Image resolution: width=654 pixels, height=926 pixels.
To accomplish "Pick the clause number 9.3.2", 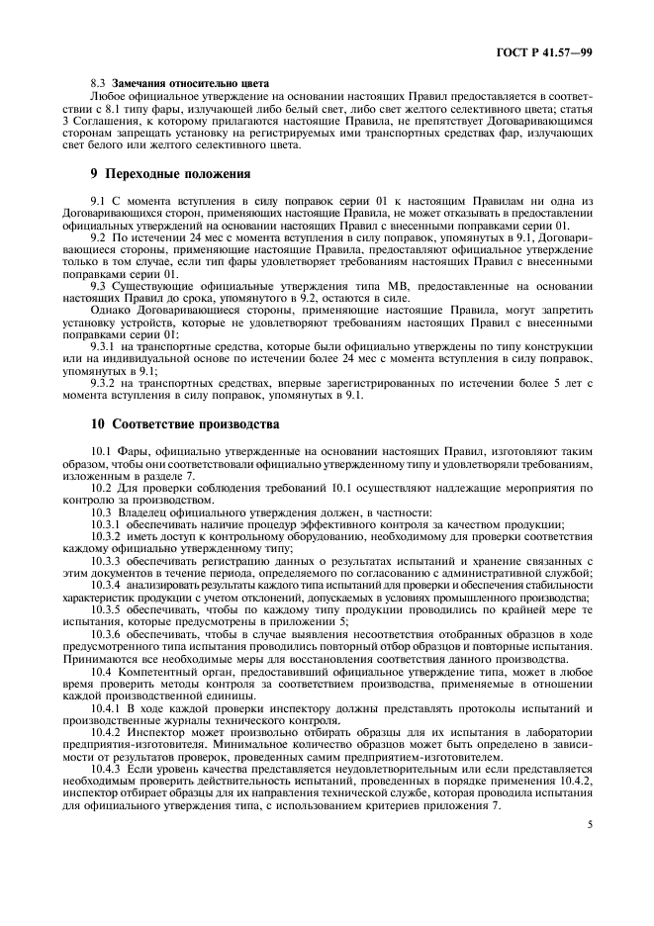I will pos(104,384).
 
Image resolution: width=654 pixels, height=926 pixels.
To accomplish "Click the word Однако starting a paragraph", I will pos(111,309).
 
